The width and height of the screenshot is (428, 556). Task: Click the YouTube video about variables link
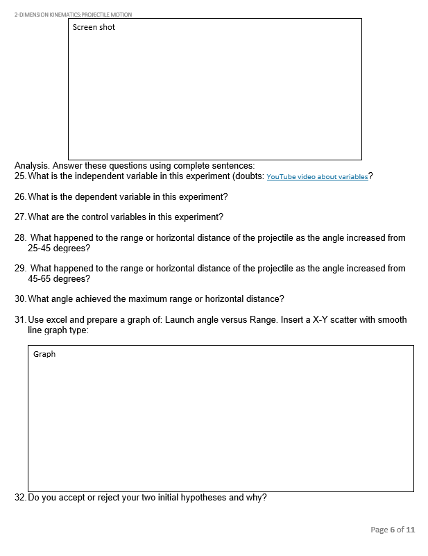click(317, 177)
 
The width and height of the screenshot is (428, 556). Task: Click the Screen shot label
click(94, 28)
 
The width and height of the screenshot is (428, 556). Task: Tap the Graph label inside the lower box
click(44, 355)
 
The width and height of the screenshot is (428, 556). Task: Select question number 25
click(19, 176)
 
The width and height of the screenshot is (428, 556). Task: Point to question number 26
click(19, 197)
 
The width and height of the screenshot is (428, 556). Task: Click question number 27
click(19, 217)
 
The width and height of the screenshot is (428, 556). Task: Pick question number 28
click(20, 238)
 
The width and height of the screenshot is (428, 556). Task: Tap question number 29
click(20, 269)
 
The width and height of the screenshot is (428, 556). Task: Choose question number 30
click(19, 299)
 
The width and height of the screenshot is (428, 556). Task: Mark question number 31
click(19, 320)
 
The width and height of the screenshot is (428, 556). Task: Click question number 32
click(19, 498)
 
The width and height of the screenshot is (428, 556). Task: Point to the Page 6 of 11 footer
click(393, 530)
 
